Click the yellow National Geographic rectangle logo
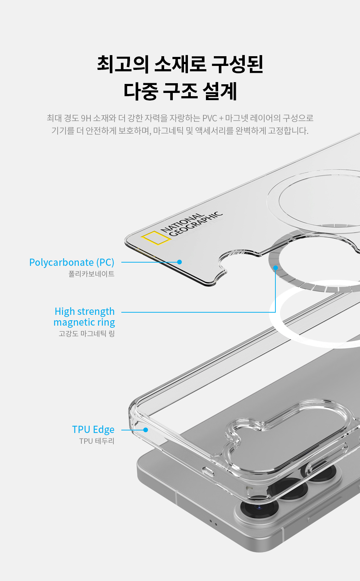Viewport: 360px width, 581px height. pos(156,238)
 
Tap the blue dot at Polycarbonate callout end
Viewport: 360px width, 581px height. pos(179,262)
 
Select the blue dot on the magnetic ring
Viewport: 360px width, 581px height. pos(275,268)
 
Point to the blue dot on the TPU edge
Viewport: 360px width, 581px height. pos(145,430)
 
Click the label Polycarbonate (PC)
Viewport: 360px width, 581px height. pos(72,262)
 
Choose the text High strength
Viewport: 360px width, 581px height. pos(85,311)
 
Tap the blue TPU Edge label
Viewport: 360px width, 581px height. pos(93,429)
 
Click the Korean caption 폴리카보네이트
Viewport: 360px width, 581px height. pos(91,274)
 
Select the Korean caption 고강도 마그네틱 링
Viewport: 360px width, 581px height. pos(87,334)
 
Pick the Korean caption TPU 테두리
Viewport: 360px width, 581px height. pos(97,441)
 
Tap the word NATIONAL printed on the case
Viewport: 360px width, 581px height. pos(182,223)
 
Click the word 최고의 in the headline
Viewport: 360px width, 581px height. pos(123,64)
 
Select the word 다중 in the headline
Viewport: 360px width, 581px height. pos(140,91)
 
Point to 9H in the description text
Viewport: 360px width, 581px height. pos(86,118)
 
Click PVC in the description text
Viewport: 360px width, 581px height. pos(210,118)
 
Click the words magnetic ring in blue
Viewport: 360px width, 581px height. pos(84,322)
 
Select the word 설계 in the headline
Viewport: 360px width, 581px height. pos(220,91)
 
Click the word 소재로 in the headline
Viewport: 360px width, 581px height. pos(180,64)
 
